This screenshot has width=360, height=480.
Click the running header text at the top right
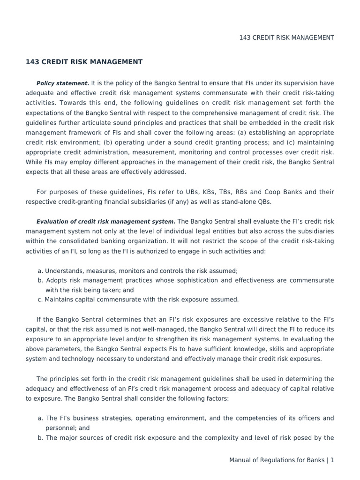[x=286, y=37]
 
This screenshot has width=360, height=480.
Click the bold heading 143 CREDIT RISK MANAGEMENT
[x=84, y=62]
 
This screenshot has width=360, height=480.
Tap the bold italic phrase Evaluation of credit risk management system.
[x=106, y=221]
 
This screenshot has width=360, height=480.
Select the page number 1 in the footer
[x=332, y=460]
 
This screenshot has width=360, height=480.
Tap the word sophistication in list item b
[x=194, y=280]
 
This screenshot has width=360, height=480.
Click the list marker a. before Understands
[x=40, y=270]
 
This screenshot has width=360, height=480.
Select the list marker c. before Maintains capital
[x=40, y=300]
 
